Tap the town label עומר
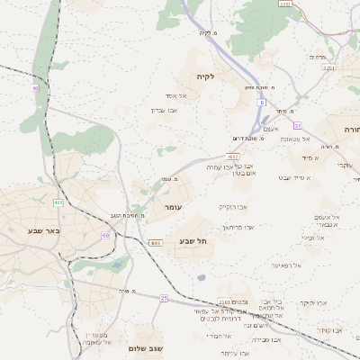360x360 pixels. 173,206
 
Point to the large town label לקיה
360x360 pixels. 208,76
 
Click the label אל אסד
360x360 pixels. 175,95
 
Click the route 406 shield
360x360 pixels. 58,202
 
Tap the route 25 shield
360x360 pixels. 164,297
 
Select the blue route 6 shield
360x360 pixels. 263,103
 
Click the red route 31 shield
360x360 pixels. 297,125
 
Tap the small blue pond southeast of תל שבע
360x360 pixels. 201,277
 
